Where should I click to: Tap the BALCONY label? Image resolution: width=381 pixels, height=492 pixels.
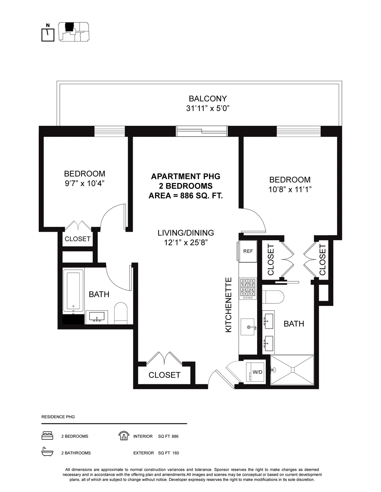[208, 99]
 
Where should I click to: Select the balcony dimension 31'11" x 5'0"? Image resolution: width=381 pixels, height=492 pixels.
[208, 108]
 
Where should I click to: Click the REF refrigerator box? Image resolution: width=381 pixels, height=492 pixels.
[248, 251]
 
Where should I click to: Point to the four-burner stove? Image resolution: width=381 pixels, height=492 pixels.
[248, 288]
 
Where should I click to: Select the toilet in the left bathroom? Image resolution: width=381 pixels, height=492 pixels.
[121, 313]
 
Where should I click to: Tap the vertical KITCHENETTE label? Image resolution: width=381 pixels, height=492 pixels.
[229, 305]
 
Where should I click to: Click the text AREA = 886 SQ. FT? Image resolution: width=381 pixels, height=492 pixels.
[185, 196]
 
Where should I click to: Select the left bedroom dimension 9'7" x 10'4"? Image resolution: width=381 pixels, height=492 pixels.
[84, 184]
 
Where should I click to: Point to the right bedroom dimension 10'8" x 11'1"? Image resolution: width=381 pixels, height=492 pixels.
[290, 190]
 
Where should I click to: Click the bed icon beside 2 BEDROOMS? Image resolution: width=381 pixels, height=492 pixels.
[47, 436]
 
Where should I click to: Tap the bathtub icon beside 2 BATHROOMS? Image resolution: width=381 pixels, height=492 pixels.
[47, 452]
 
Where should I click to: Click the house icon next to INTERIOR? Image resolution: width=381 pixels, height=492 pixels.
[123, 436]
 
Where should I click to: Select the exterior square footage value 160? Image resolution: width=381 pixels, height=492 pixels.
[176, 453]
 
